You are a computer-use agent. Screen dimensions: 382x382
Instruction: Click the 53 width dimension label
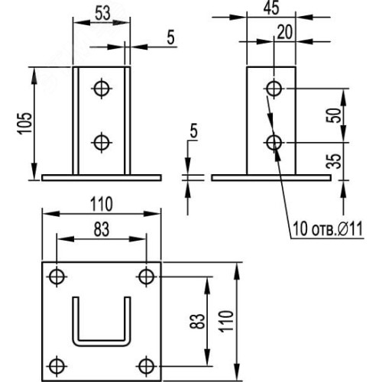pos(102,13)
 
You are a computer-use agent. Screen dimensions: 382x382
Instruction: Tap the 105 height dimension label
pos(26,123)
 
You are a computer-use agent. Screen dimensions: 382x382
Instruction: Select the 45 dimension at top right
pos(271,8)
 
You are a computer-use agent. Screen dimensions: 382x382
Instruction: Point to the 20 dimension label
pos(284,32)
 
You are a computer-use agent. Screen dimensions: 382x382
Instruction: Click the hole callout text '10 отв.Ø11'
pos(328,228)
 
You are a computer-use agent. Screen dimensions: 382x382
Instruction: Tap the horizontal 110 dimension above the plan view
pos(102,204)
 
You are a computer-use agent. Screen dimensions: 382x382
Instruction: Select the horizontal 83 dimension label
pos(102,229)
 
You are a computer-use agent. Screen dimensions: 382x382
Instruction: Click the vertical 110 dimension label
pos(227,321)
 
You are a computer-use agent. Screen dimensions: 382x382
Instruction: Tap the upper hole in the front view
pos(102,89)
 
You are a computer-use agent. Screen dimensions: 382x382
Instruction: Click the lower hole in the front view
pos(102,142)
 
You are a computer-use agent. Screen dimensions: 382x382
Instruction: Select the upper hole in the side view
pos(274,89)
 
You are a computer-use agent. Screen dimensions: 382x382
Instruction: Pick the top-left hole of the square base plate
pos(57,277)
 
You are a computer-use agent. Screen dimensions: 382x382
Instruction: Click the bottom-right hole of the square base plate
pos(146,366)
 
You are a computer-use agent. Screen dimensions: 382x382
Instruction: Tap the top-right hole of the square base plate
pos(146,277)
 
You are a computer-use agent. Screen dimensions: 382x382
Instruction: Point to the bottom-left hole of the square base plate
pos(57,366)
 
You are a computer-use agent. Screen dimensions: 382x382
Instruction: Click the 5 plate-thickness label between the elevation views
pos(194,131)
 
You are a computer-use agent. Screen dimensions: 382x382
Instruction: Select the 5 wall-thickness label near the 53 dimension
pos(170,37)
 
